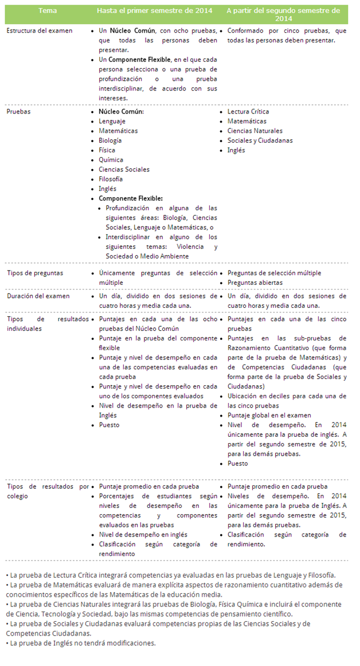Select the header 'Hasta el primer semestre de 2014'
click(154, 11)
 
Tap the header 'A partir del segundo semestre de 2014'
click(283, 14)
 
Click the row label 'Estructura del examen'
click(40, 30)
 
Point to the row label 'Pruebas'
click(19, 112)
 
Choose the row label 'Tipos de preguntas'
click(35, 273)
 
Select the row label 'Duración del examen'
click(38, 296)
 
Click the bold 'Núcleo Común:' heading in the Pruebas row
click(121, 112)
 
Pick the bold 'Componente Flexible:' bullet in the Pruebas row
click(131, 198)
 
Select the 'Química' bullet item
click(111, 160)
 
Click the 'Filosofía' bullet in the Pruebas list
click(111, 179)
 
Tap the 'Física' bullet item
click(107, 150)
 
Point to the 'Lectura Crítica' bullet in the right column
click(248, 112)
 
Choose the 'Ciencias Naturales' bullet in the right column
click(255, 131)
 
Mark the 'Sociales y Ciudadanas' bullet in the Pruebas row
click(260, 140)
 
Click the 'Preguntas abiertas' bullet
click(255, 283)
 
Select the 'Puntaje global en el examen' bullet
click(269, 415)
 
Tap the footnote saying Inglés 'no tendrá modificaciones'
click(80, 643)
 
